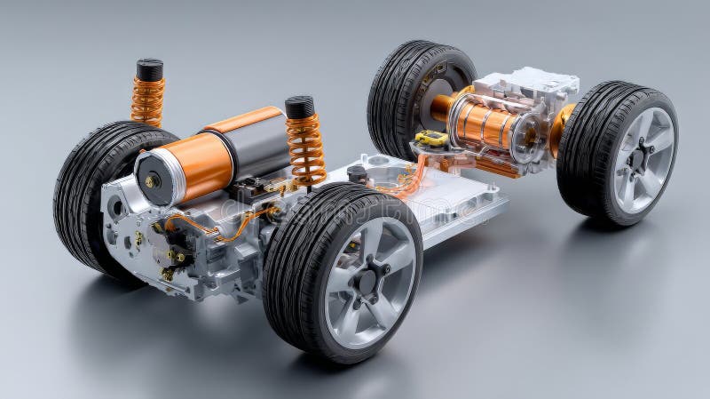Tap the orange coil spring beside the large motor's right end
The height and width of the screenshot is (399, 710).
tap(306, 149)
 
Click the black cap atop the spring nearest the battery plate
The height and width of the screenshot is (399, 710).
tap(300, 107)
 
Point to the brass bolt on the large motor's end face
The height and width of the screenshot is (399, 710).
tap(152, 181)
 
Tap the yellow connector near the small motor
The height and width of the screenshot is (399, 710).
tap(431, 139)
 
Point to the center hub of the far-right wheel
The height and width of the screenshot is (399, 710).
tap(638, 160)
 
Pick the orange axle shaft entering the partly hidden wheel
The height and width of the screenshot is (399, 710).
tap(441, 106)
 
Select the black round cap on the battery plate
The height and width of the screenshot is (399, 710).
tap(359, 172)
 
